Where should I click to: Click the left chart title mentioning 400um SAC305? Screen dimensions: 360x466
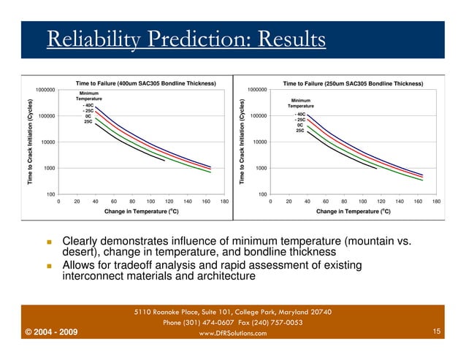145,83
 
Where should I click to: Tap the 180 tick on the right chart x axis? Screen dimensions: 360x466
436,202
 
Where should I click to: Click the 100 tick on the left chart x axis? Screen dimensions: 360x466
150,202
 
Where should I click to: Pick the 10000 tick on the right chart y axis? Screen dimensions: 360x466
256,142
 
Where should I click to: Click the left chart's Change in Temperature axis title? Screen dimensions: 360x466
142,211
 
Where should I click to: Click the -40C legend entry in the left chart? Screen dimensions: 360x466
88,105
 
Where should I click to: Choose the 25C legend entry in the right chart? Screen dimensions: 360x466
300,131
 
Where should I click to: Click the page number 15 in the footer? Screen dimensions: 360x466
436,333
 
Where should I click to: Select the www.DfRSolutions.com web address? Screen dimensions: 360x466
233,334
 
